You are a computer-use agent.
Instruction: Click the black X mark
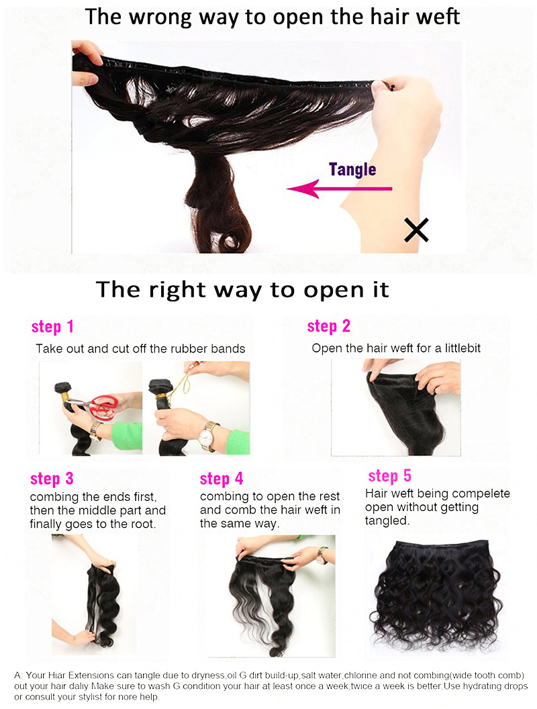(416, 230)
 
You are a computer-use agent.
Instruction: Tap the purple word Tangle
(352, 169)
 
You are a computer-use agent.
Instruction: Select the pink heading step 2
(328, 326)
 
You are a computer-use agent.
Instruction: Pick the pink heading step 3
(52, 479)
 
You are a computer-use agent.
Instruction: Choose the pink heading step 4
(222, 479)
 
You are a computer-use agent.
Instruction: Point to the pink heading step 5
(389, 476)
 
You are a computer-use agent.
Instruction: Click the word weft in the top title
(437, 17)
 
